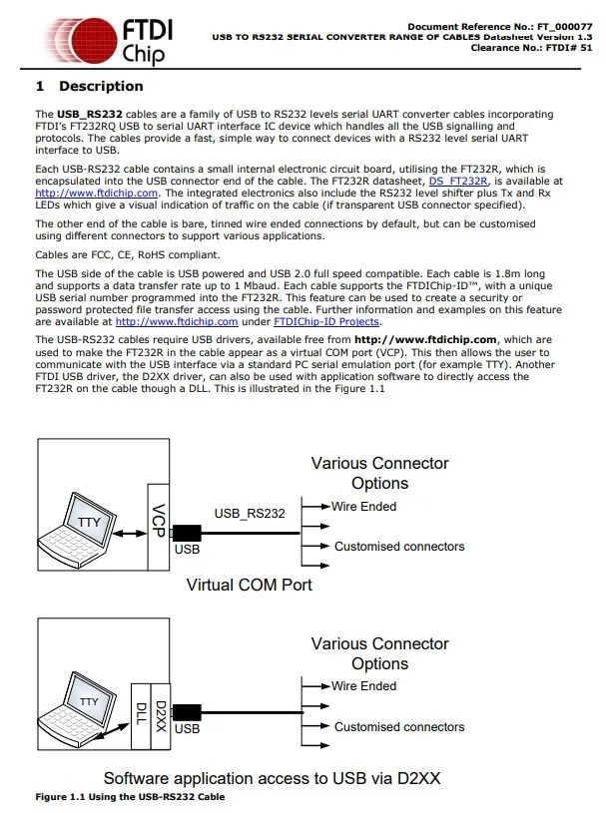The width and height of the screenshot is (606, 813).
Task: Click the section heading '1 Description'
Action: pyautogui.click(x=89, y=87)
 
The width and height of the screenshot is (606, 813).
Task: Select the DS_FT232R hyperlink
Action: pyautogui.click(x=458, y=181)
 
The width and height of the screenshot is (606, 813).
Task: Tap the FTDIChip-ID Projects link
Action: pyautogui.click(x=326, y=322)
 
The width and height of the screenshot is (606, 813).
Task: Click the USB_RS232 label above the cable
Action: pyautogui.click(x=250, y=515)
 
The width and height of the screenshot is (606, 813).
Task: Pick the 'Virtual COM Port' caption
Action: pyautogui.click(x=249, y=585)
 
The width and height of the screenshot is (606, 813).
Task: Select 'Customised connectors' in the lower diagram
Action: pyautogui.click(x=399, y=727)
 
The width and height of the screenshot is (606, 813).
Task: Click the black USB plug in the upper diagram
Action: pyautogui.click(x=186, y=533)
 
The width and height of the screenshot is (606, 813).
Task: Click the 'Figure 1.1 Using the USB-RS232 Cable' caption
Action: pyautogui.click(x=130, y=797)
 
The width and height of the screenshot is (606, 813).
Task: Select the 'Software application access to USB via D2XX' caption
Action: pyautogui.click(x=272, y=777)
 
